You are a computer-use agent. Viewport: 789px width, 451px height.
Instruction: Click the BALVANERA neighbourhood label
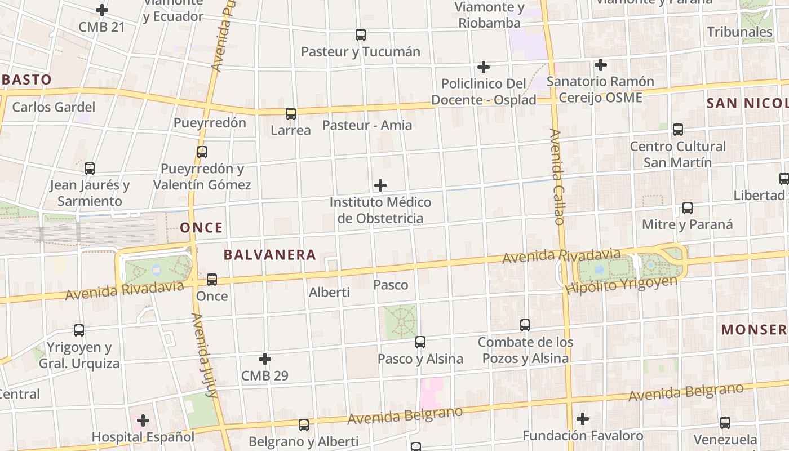point(269,255)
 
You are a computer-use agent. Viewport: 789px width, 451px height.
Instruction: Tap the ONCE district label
point(201,228)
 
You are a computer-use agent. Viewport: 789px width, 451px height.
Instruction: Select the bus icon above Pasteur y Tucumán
point(361,35)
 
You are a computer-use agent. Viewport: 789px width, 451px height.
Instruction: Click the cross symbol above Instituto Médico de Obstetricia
point(380,185)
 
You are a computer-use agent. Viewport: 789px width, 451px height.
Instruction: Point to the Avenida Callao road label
point(557,176)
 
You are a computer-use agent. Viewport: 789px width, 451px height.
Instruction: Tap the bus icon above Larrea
point(291,114)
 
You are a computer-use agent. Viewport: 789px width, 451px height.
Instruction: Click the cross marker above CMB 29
point(265,359)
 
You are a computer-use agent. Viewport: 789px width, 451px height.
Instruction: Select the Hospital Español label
point(143,437)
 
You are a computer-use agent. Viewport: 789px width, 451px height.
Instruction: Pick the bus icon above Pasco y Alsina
point(420,342)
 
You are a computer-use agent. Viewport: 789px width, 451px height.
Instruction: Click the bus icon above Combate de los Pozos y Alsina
point(525,325)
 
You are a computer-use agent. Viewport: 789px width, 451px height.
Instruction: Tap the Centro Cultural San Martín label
point(677,154)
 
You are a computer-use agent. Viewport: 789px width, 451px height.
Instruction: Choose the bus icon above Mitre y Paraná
point(688,208)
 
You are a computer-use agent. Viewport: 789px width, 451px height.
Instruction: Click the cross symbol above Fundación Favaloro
point(583,419)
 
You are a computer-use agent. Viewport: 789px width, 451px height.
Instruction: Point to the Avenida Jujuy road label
point(205,355)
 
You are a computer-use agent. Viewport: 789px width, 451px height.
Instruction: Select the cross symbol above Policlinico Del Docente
point(483,67)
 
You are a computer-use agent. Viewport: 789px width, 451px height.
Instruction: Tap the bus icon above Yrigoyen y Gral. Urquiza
point(79,330)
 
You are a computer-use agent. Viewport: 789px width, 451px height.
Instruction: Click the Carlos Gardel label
point(54,107)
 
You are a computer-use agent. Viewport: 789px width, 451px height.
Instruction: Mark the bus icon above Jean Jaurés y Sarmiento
point(90,168)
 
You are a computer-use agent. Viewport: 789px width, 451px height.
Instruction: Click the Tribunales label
point(739,32)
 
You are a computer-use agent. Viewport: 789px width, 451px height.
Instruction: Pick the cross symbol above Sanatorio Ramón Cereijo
point(601,65)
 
